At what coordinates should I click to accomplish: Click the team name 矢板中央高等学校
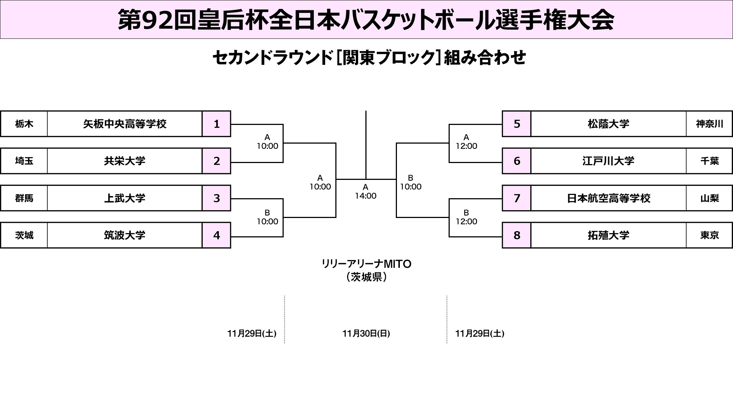point(125,124)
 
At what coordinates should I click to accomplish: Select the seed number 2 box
point(217,161)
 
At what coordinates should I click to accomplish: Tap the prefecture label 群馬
point(24,198)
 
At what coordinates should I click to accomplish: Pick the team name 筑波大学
point(125,235)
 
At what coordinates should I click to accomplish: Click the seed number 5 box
point(517,124)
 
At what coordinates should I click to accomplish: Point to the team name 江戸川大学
point(608,161)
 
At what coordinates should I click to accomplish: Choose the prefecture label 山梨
point(709,198)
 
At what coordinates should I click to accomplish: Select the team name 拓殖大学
point(608,235)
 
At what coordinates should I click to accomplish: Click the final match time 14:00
point(365,196)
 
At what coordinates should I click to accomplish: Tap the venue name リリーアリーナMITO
point(366,264)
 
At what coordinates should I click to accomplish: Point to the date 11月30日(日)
point(366,333)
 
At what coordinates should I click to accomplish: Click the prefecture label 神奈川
point(709,124)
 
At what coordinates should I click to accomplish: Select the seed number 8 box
point(517,235)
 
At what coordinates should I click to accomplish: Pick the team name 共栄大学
point(125,161)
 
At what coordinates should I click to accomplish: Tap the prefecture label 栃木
point(24,124)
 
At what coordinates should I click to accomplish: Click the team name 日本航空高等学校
point(608,198)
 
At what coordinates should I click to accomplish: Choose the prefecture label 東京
point(709,235)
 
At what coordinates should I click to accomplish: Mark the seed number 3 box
point(217,198)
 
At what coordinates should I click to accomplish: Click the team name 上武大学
point(125,198)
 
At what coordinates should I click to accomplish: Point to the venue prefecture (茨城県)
point(366,277)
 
